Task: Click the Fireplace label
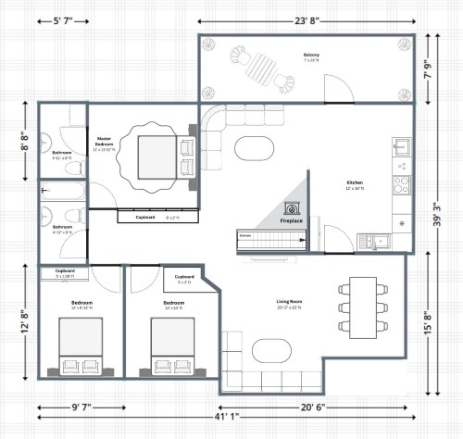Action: (293, 221)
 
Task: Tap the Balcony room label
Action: (311, 56)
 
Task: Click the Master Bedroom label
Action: (105, 143)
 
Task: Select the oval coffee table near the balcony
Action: (253, 148)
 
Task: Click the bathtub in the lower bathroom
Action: (63, 192)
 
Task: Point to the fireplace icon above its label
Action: (293, 208)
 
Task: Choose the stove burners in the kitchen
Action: (402, 183)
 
